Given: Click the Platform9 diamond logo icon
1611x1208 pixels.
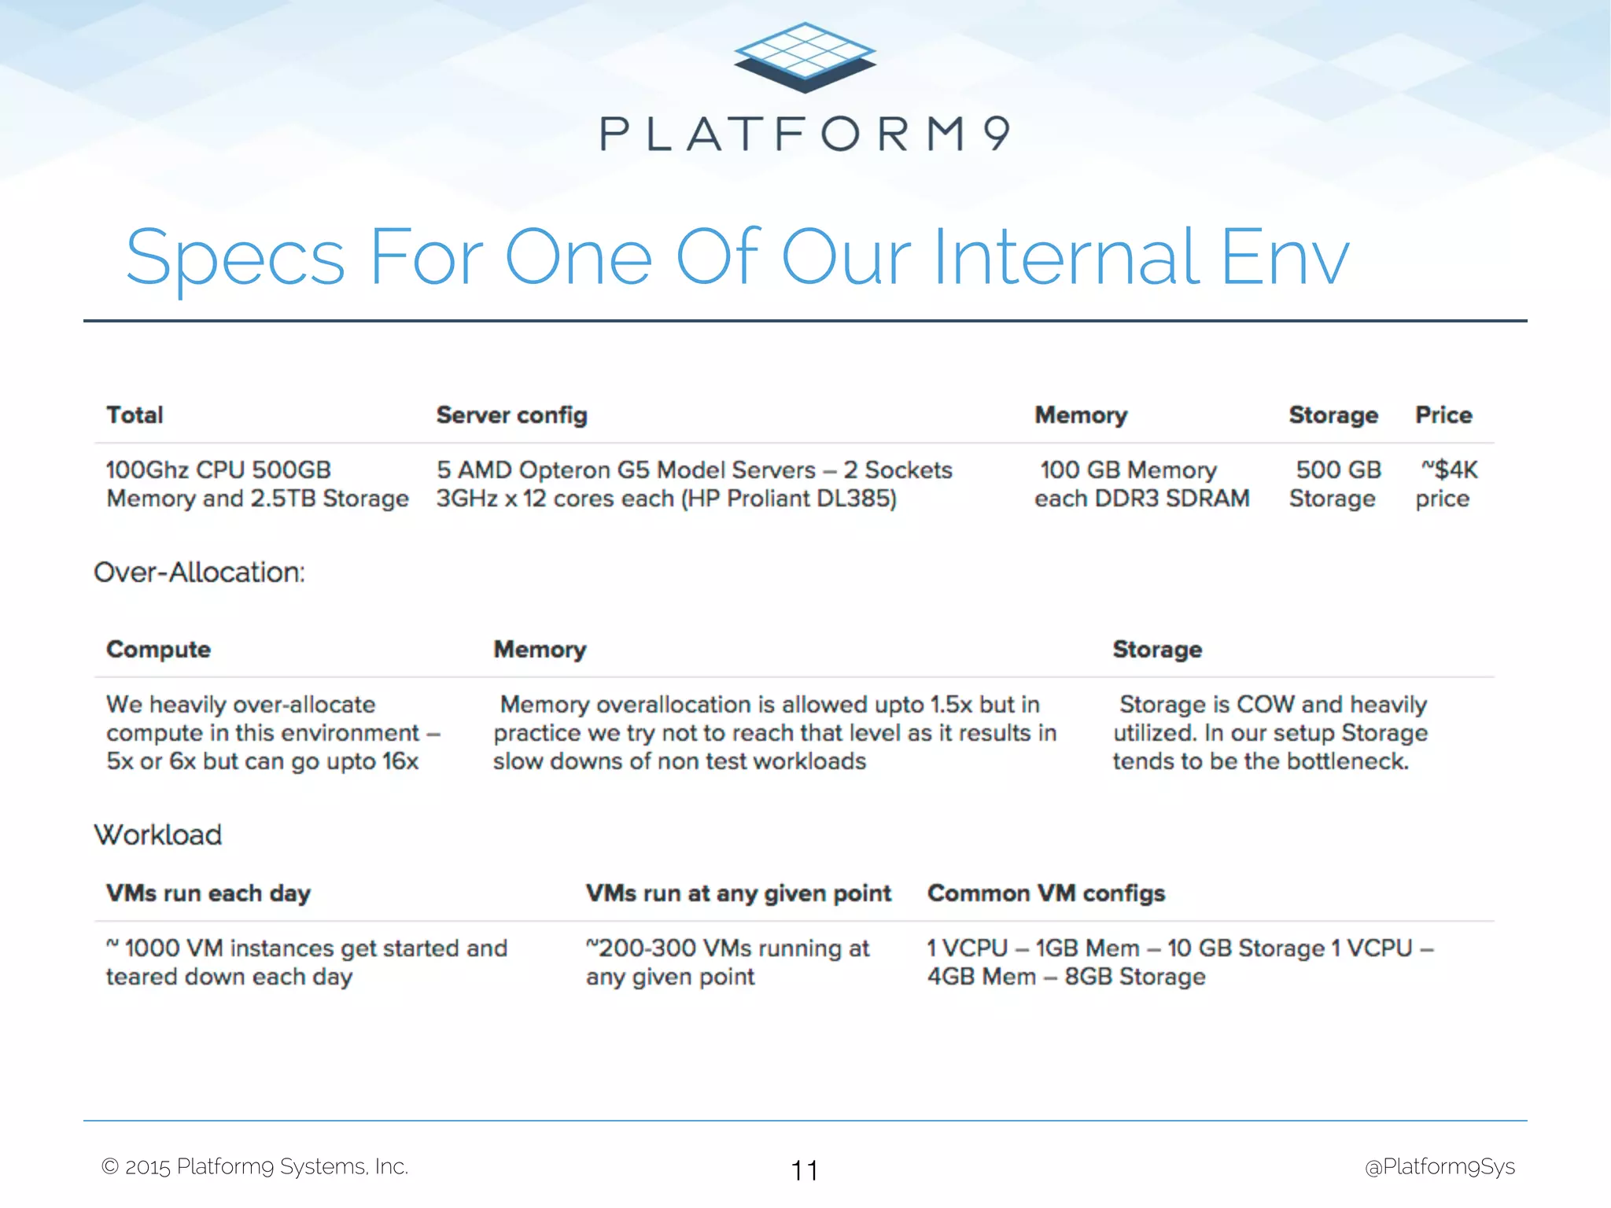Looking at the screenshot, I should point(805,57).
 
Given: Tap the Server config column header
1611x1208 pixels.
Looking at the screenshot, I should point(511,414).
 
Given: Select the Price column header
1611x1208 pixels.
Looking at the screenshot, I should point(1443,414).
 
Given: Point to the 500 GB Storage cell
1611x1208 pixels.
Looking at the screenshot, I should point(1335,484).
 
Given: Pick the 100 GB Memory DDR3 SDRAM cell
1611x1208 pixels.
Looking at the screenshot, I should point(1141,484).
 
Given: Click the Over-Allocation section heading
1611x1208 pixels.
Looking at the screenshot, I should point(199,572).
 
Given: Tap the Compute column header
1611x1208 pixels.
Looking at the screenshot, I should point(158,650).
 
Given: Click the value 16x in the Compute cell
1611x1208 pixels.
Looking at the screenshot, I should point(400,761).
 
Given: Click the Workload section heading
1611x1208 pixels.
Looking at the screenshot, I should point(158,834).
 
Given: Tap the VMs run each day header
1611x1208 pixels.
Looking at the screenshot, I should point(208,893).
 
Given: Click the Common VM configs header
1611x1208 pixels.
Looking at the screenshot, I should point(1045,893).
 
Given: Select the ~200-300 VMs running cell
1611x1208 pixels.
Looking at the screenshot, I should point(727,962).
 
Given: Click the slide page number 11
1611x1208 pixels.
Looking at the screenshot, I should point(804,1170).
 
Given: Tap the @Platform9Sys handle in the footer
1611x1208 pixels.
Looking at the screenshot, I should point(1439,1166).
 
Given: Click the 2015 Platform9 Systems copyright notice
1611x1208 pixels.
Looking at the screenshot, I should point(255,1166).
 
